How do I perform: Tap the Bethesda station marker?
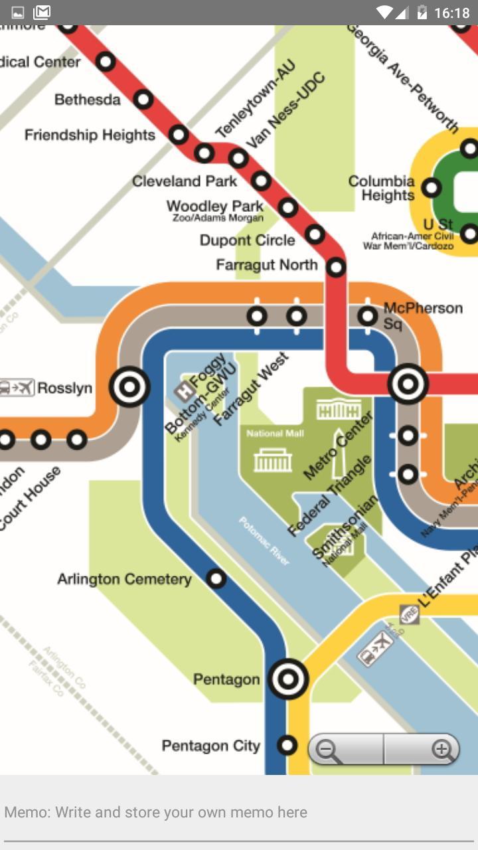click(143, 100)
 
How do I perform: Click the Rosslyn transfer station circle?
click(129, 386)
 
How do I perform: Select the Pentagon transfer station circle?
click(288, 679)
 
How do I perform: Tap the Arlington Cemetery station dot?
click(216, 578)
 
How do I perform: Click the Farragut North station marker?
click(337, 267)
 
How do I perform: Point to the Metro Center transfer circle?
click(408, 384)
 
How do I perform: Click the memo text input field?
click(239, 812)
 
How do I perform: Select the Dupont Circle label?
click(247, 240)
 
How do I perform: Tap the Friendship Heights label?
click(90, 135)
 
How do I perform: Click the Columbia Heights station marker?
click(432, 188)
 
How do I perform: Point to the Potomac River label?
click(264, 541)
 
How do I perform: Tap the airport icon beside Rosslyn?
click(17, 387)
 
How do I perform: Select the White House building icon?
click(338, 409)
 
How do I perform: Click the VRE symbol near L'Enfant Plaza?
click(409, 614)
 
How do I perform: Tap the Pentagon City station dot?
click(287, 745)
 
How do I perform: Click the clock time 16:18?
click(451, 12)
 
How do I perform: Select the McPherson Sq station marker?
click(367, 316)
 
